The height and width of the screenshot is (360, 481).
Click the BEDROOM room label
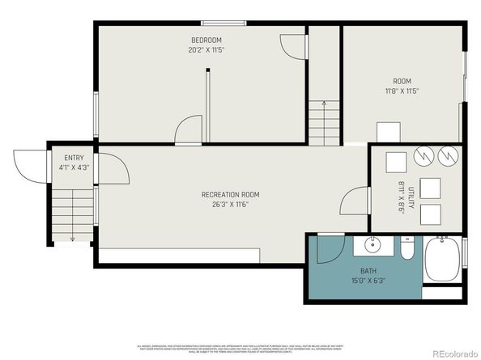coord(206,40)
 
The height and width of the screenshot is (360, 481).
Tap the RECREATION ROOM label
coord(230,194)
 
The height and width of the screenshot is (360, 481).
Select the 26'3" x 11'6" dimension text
coord(230,204)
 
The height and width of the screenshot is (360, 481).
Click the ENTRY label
coord(62,157)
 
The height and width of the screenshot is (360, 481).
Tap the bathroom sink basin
coord(375,244)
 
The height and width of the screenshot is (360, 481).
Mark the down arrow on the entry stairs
coord(72,238)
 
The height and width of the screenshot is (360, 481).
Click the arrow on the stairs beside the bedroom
coord(324,104)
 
